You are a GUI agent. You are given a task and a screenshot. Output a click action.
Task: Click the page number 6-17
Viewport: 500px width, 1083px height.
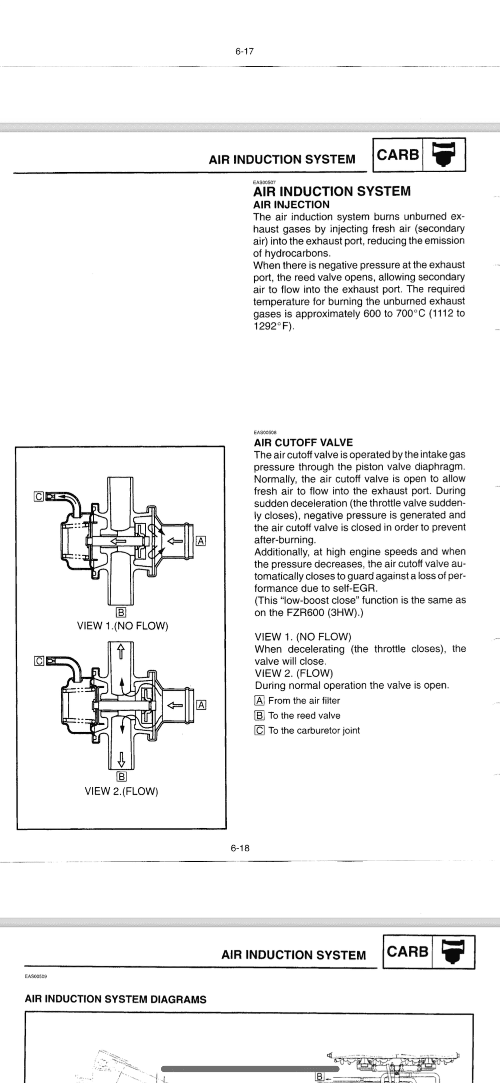tap(244, 51)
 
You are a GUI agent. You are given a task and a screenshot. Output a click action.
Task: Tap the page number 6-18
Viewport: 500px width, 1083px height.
tap(240, 848)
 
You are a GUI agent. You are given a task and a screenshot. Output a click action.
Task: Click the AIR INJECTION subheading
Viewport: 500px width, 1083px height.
tap(291, 205)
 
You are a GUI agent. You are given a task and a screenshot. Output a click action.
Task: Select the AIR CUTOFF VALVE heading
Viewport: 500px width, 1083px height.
tap(303, 443)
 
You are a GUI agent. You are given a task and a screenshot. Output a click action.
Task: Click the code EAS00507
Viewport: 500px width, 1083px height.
tap(264, 182)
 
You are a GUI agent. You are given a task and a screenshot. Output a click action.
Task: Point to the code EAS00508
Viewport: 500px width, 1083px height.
tap(265, 432)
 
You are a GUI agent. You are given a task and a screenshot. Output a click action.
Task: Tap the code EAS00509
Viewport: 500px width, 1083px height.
tap(36, 977)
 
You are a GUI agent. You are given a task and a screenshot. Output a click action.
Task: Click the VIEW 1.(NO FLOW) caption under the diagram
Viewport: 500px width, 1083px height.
tap(123, 626)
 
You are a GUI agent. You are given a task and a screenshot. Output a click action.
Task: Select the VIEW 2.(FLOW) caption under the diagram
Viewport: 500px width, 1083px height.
tap(121, 791)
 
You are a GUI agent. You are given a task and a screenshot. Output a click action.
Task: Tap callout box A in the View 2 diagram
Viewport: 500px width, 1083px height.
tap(201, 705)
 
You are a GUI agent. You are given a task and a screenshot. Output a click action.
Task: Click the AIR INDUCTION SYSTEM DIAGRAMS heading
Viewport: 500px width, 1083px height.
tap(116, 999)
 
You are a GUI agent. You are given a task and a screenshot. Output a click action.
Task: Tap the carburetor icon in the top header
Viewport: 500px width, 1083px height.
tap(444, 155)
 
